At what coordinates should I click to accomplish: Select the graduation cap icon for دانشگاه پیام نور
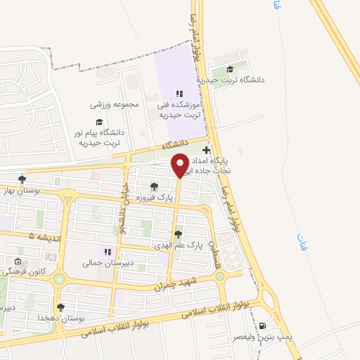98,122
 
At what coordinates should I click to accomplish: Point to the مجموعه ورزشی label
115,104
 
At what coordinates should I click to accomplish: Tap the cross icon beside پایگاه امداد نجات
206,150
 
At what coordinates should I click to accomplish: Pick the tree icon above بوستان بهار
22,179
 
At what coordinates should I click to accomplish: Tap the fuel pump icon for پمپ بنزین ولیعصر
263,326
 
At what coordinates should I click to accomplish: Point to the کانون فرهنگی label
28,271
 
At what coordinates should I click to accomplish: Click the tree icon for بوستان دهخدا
61,308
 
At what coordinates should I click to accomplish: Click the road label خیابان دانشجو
120,211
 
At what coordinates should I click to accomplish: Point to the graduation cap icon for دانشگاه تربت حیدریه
229,69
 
